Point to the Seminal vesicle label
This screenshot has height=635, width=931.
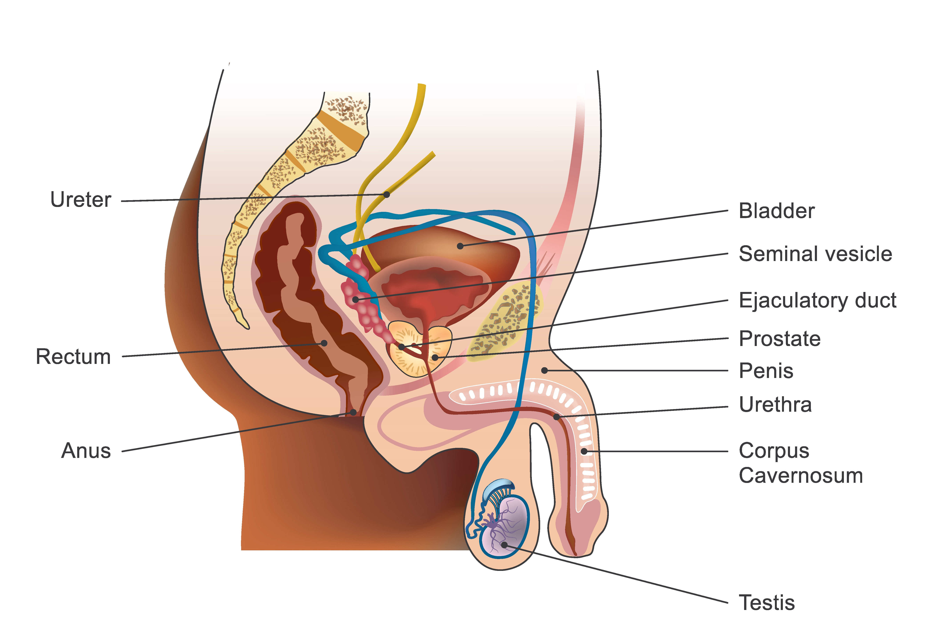click(x=815, y=254)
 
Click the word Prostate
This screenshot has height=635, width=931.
click(x=780, y=339)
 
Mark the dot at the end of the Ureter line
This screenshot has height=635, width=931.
click(x=387, y=195)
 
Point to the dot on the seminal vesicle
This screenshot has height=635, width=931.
click(x=355, y=299)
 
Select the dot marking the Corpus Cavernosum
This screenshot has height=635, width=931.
click(x=584, y=451)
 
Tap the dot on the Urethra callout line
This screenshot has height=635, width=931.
click(x=557, y=417)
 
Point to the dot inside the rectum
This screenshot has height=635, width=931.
click(x=324, y=343)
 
